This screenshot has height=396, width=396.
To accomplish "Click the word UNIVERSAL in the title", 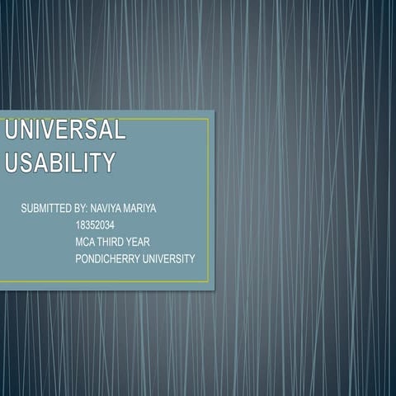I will pyautogui.click(x=66, y=130).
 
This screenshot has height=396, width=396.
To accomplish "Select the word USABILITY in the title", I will pyautogui.click(x=59, y=163).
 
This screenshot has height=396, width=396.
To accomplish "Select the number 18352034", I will pyautogui.click(x=94, y=225).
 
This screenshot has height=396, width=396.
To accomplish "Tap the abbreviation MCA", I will pyautogui.click(x=85, y=242).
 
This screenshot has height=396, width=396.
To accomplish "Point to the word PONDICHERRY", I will pyautogui.click(x=106, y=258).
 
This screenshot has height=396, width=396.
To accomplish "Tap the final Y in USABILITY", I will pyautogui.click(x=107, y=163).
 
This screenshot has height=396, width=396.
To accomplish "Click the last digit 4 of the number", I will pyautogui.click(x=111, y=225).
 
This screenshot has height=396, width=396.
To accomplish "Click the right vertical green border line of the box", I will pyautogui.click(x=208, y=198).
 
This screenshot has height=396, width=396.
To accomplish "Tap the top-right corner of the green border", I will pyautogui.click(x=208, y=119).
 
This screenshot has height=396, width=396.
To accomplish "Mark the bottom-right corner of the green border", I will pyautogui.click(x=208, y=281).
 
